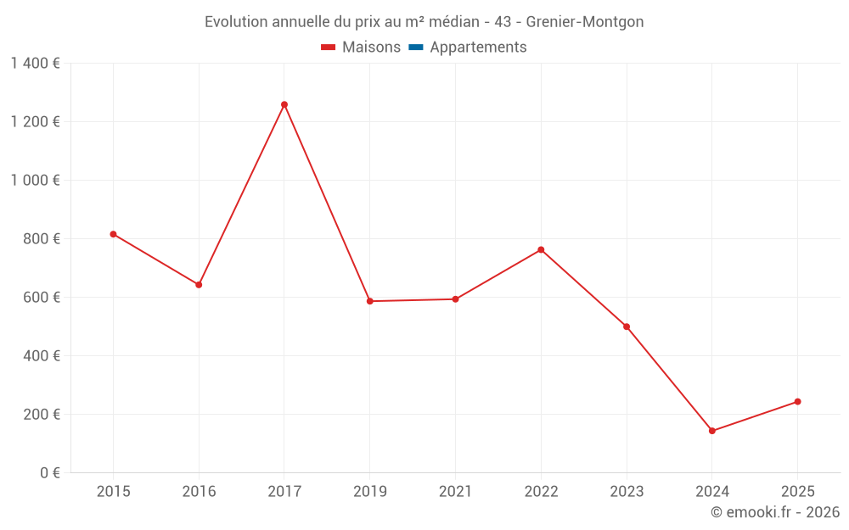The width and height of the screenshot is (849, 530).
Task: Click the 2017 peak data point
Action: click(284, 104)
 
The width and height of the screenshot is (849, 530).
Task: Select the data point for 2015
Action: click(113, 234)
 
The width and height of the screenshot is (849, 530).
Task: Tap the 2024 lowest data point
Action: click(712, 431)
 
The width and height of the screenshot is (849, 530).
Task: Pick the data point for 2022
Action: click(541, 249)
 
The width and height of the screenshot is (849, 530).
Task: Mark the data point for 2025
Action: click(797, 401)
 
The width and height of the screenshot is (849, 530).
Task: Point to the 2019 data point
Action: click(369, 301)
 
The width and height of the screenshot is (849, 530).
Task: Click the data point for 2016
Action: click(199, 285)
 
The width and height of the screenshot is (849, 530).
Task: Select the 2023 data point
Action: click(627, 326)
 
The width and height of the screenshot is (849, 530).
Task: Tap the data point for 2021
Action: click(455, 298)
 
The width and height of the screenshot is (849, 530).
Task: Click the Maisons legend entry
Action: click(361, 47)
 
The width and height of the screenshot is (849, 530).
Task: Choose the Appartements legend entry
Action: click(468, 47)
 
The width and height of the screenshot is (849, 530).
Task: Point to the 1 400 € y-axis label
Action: click(35, 64)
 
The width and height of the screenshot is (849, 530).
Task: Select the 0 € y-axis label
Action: click(47, 473)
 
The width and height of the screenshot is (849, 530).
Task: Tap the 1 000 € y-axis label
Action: click(35, 181)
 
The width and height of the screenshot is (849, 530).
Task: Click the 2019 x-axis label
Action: click(369, 492)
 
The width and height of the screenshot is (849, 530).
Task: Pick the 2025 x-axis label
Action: click(797, 492)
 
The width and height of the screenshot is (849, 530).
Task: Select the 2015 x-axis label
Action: click(113, 492)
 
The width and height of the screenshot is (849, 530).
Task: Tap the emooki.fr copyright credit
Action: click(775, 512)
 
